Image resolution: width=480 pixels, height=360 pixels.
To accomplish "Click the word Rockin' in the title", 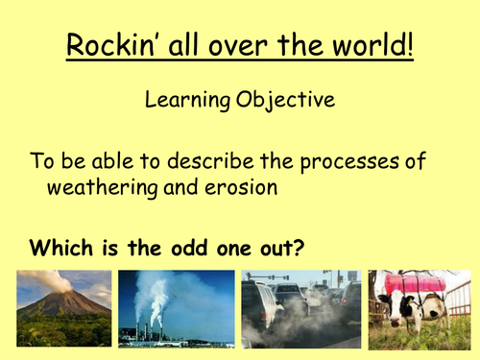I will coord(109,45).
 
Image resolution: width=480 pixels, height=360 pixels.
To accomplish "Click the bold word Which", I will coord(60,247).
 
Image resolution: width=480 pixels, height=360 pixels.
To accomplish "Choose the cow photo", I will coord(420,307).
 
